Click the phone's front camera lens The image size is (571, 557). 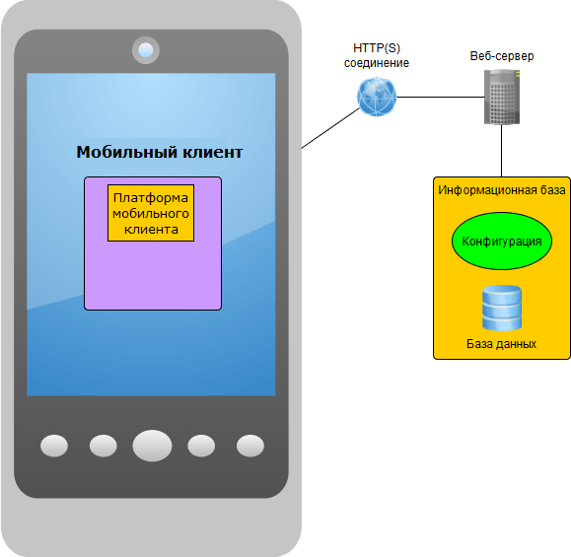(146, 50)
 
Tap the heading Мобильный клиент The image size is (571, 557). (160, 152)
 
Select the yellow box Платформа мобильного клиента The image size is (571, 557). (151, 213)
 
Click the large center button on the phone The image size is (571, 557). (152, 446)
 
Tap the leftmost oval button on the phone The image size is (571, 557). (54, 446)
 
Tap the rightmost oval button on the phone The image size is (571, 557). (250, 446)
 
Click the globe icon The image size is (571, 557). (377, 97)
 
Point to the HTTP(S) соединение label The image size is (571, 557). (377, 55)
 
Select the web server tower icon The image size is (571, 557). (502, 97)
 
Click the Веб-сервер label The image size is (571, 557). (502, 56)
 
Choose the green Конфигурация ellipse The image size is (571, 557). (502, 241)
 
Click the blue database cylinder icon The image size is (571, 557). (502, 308)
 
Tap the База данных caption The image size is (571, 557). (501, 344)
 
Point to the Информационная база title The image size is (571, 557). (501, 190)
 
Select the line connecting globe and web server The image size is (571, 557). (440, 98)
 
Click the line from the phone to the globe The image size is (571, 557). (330, 128)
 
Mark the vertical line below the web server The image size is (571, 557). (501, 151)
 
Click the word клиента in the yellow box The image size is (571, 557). (151, 230)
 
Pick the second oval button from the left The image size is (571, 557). (104, 446)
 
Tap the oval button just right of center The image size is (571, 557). (201, 446)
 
